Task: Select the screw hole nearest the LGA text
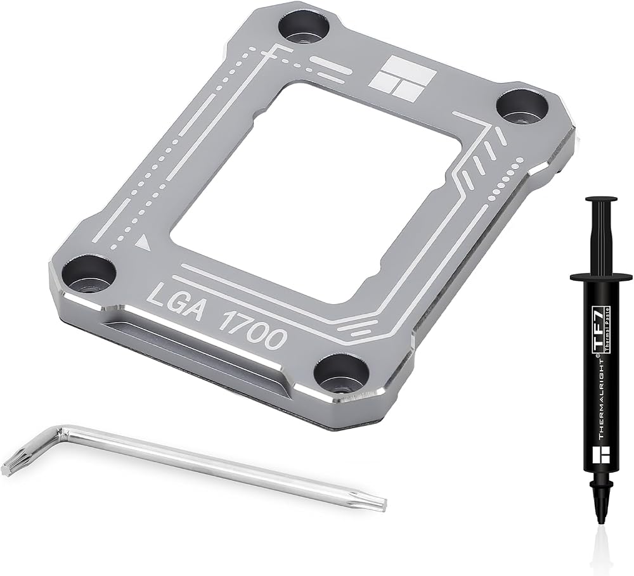(x=87, y=272)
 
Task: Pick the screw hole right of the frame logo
(x=522, y=108)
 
